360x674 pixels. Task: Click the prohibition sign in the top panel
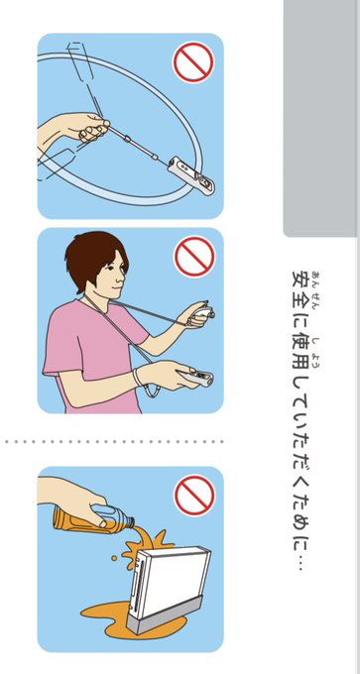(x=193, y=61)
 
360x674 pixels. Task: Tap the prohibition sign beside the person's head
(x=194, y=256)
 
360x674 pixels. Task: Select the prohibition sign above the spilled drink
(x=194, y=495)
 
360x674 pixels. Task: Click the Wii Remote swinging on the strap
(x=191, y=175)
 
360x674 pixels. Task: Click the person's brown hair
(x=94, y=259)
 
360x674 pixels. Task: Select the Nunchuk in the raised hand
(x=203, y=314)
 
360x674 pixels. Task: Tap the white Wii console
(x=170, y=580)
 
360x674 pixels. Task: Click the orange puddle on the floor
(x=107, y=616)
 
